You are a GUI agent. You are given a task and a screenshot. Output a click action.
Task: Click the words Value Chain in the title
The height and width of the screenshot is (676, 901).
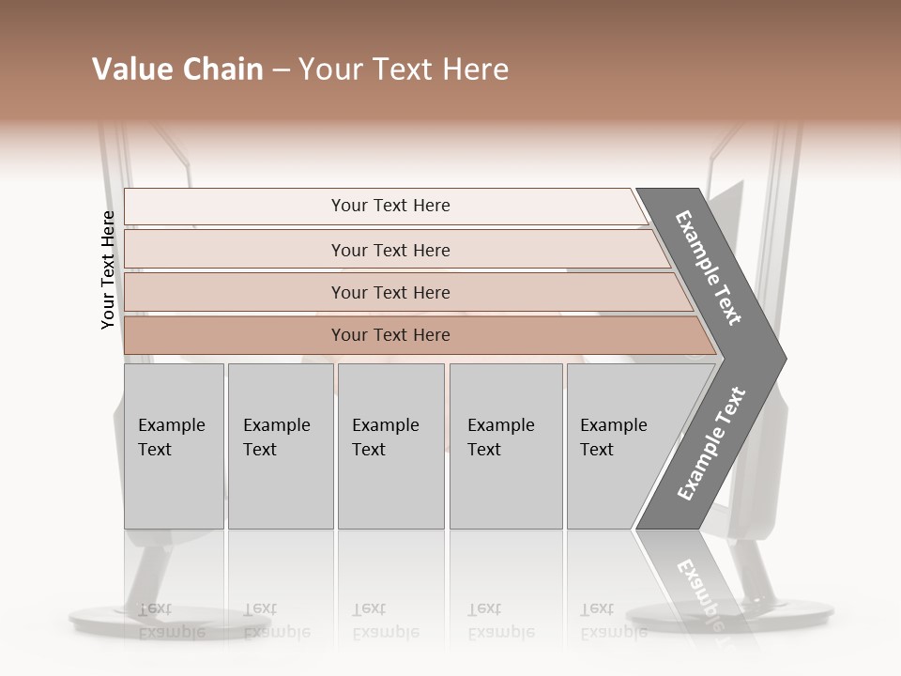(177, 69)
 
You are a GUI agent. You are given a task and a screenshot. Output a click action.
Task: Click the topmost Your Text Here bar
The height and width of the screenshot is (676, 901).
(390, 206)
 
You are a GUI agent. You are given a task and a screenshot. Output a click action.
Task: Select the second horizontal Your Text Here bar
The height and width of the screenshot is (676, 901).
(390, 250)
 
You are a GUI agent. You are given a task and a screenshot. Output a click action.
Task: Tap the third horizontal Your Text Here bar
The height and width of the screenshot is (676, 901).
(390, 292)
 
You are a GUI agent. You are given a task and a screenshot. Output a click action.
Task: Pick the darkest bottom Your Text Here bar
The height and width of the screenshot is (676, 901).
(390, 335)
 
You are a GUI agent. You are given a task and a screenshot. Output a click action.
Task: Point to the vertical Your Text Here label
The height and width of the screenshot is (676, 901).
(109, 269)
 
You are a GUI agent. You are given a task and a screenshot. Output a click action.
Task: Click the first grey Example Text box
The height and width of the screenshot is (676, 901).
(174, 446)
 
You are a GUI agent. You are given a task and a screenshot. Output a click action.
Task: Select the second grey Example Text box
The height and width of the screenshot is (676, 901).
(280, 446)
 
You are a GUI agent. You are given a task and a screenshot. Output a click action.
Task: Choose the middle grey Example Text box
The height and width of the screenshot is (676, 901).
(390, 446)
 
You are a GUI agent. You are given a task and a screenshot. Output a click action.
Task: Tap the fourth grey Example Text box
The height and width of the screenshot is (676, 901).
(505, 446)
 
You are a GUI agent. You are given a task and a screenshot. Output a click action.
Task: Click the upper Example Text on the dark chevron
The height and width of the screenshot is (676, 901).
(709, 268)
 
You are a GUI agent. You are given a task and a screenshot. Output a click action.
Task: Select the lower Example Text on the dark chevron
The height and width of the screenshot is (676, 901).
(711, 444)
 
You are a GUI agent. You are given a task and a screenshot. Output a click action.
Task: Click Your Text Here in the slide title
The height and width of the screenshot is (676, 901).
(404, 69)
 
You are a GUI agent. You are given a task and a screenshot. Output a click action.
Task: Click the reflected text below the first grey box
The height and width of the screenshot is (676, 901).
(171, 621)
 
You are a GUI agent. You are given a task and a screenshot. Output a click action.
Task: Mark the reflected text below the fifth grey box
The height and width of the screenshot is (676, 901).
(613, 621)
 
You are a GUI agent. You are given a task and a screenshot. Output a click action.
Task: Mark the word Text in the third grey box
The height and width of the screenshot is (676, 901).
(369, 450)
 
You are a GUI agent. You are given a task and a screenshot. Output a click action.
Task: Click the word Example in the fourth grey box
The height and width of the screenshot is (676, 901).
(501, 425)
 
